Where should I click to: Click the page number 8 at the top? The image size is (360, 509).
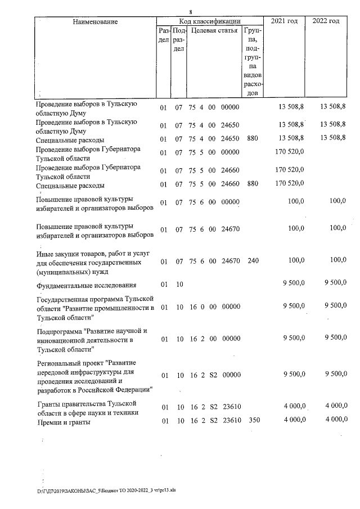[x=191, y=12]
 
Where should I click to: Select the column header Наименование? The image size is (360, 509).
[x=96, y=21]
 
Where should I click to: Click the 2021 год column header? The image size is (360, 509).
[x=284, y=21]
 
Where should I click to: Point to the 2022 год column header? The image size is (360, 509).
[x=326, y=21]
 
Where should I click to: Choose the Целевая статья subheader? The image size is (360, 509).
[x=215, y=30]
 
